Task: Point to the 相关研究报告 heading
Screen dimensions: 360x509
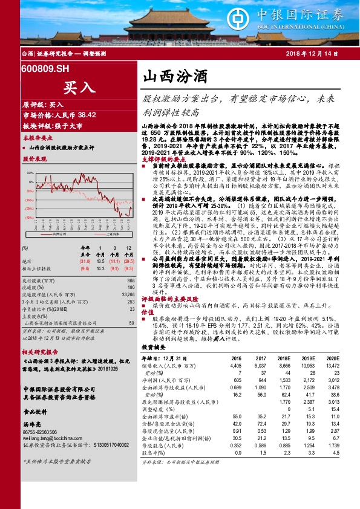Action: coord(39,351)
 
